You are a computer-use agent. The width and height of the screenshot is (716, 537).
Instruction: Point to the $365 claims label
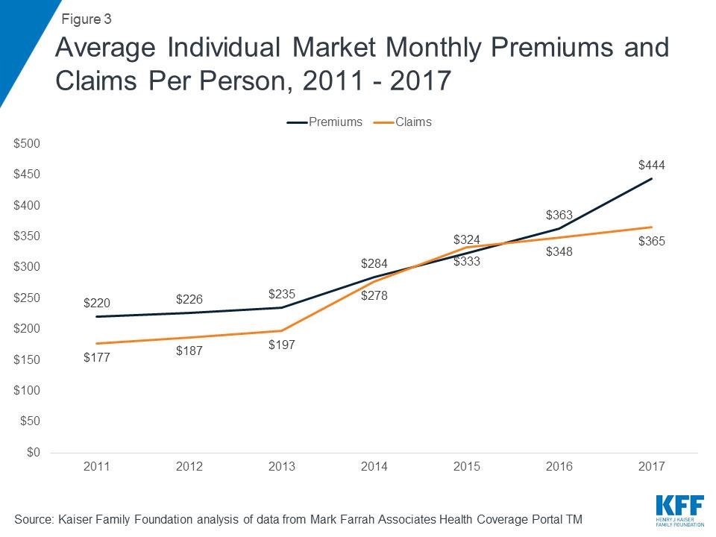click(x=651, y=242)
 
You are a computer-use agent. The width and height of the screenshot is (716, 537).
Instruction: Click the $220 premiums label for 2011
click(x=97, y=303)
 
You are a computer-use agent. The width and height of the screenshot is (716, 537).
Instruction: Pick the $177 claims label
click(x=97, y=358)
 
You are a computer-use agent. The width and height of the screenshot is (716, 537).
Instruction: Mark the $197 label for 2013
click(x=281, y=345)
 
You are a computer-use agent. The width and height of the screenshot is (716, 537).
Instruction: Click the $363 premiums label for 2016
click(x=559, y=215)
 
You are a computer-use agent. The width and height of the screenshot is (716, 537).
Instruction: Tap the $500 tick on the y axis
click(x=28, y=143)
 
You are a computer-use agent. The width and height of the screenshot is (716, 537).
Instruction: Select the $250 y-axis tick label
click(x=28, y=298)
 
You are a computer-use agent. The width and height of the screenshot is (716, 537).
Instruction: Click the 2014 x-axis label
click(x=374, y=467)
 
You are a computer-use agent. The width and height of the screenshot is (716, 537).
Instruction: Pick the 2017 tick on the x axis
click(x=651, y=467)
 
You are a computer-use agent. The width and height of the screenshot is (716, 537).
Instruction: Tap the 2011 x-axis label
click(x=97, y=467)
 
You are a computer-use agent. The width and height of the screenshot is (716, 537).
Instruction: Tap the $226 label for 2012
click(x=189, y=299)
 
